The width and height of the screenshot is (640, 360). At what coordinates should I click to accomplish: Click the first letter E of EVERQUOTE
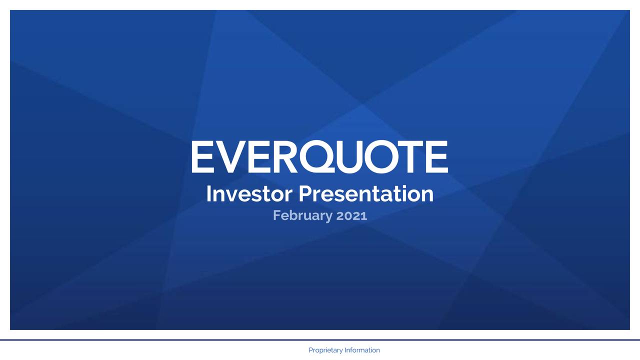point(203,156)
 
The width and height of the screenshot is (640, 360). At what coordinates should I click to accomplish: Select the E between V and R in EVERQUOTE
point(259,156)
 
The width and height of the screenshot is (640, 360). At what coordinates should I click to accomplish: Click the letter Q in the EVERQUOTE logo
point(316,156)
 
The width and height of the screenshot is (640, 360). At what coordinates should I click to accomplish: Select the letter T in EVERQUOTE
point(412,156)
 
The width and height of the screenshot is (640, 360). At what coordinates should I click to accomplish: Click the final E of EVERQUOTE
point(437,156)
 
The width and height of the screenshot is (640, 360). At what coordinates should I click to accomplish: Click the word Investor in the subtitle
point(249,194)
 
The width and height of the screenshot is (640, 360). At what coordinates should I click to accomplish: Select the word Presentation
point(366,194)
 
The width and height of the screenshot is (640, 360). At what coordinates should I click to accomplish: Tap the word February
point(302,215)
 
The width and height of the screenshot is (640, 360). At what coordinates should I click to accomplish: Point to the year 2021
point(351,215)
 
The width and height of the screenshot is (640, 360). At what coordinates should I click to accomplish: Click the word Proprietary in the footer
point(325,350)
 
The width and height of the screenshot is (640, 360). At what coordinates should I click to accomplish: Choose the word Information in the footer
point(362,350)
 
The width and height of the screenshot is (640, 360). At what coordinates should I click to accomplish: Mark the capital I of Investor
point(208,194)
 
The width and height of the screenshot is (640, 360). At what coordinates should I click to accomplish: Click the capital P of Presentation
point(305,194)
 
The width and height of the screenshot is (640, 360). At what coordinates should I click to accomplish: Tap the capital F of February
point(277,215)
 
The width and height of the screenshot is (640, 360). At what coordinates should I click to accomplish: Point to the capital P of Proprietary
point(311,350)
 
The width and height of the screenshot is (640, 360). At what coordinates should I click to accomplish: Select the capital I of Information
point(345,350)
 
